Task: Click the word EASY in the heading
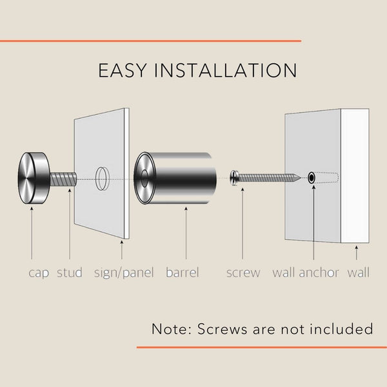pos(123,70)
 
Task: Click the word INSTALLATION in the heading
pos(226,70)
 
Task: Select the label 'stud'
pos(70,272)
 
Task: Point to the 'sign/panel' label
pos(124,273)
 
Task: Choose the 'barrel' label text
pos(183,272)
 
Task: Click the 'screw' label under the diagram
pos(243,273)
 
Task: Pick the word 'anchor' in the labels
pos(319,272)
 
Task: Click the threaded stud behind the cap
pos(63,179)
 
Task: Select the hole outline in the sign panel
pos(102,179)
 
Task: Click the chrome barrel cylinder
pos(175,178)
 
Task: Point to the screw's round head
pos(234,177)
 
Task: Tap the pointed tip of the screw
pos(301,177)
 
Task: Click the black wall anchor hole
pos(312,178)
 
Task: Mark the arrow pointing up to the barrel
pos(186,233)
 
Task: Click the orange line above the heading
pos(150,41)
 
